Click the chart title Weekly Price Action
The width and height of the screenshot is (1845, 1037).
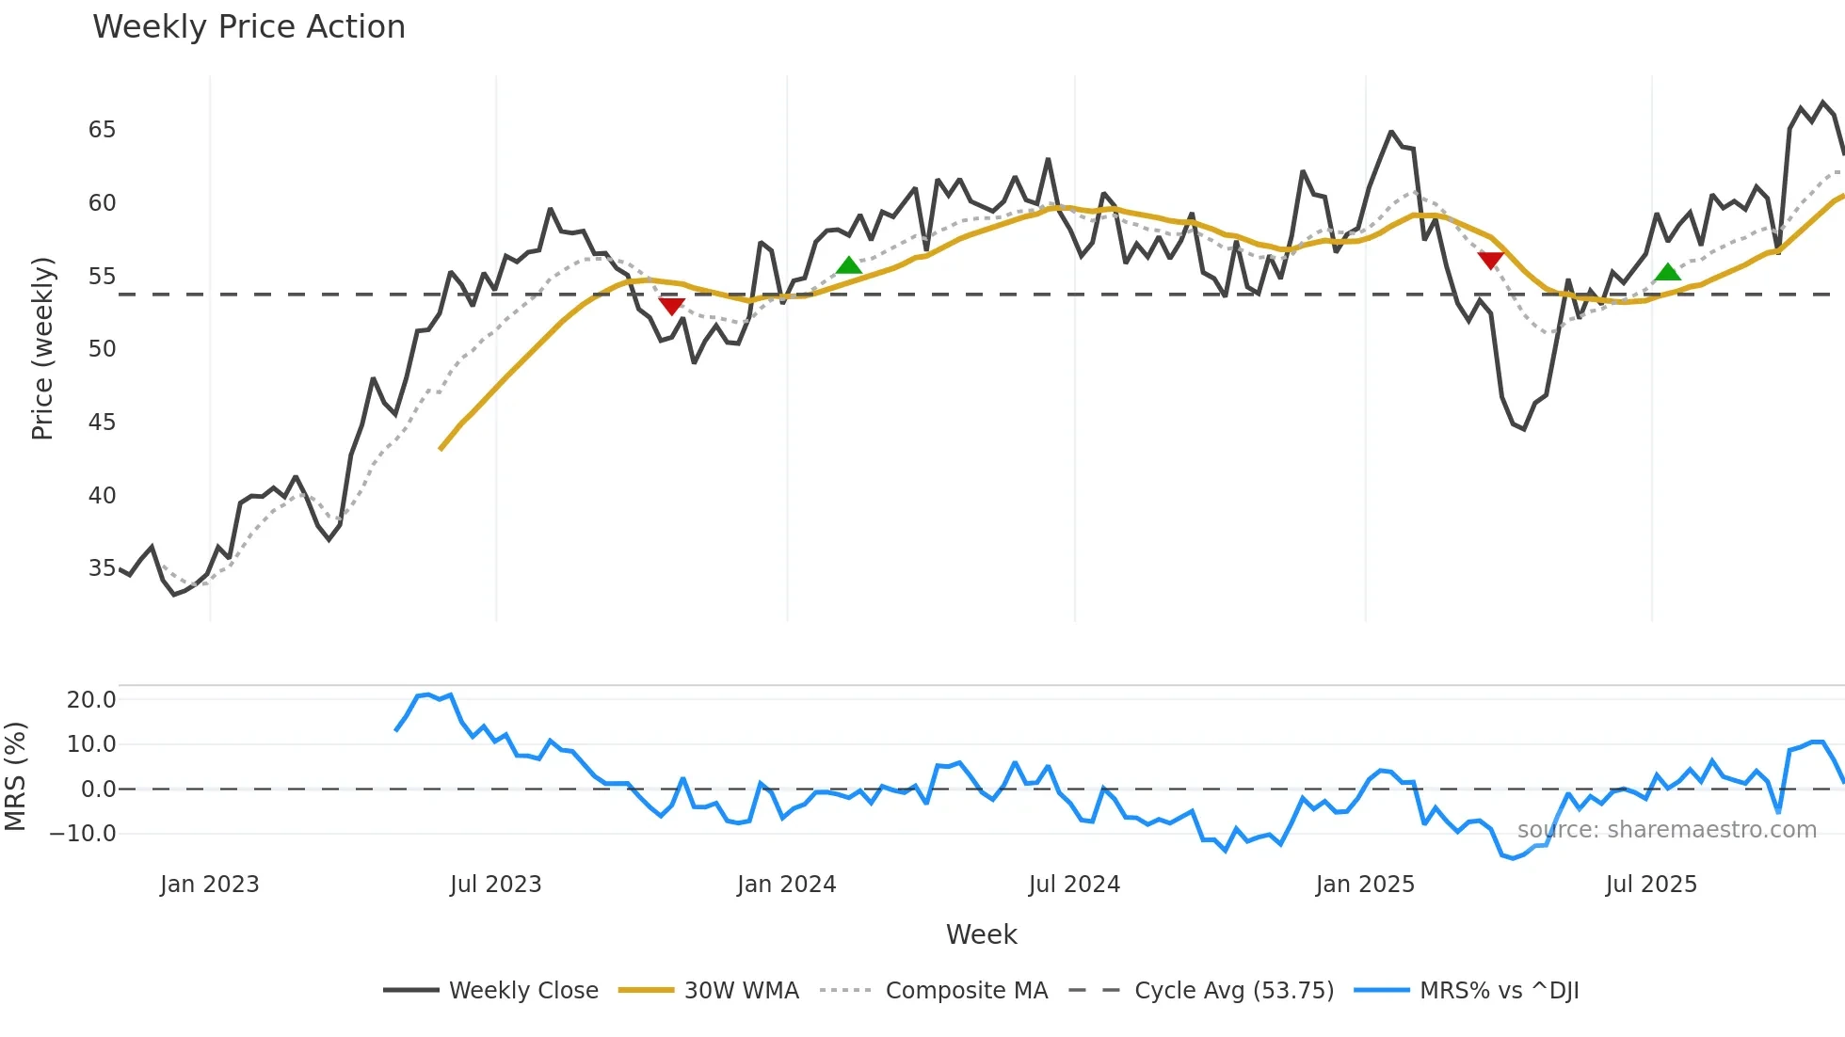[x=249, y=27]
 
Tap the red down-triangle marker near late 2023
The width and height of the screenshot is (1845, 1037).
[x=671, y=306]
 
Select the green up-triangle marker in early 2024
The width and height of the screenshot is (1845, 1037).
[x=849, y=265]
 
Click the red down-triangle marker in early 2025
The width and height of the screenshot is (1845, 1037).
[x=1490, y=260]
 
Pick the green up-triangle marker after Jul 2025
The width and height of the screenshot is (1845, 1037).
[x=1668, y=272]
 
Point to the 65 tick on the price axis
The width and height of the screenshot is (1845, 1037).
[x=102, y=130]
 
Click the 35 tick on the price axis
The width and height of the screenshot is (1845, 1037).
[x=102, y=568]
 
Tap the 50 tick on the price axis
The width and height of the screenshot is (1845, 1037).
[x=102, y=349]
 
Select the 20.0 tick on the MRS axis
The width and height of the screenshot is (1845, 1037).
[x=91, y=700]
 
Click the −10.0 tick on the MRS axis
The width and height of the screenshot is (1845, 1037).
[x=83, y=834]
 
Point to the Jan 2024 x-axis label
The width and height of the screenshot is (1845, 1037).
[x=786, y=885]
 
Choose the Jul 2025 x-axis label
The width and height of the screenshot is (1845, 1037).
[x=1651, y=885]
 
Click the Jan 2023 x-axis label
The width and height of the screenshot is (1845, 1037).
[x=209, y=885]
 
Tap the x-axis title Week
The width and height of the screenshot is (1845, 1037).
[x=981, y=934]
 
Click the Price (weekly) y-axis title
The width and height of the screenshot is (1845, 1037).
[x=42, y=348]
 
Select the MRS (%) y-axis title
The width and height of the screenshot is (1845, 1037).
[x=16, y=776]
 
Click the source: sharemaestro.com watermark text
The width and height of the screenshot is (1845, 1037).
[x=1666, y=830]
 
